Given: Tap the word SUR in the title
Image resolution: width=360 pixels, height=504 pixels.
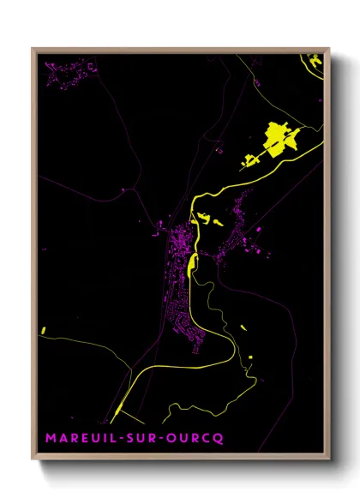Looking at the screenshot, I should (144, 439).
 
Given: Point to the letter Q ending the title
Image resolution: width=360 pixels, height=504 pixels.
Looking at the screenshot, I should (219, 439).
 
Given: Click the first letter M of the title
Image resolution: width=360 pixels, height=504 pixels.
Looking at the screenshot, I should (51, 439).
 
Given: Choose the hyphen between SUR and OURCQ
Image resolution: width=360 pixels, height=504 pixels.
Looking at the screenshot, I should (165, 439).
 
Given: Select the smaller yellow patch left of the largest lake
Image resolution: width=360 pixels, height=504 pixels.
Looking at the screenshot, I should (249, 159).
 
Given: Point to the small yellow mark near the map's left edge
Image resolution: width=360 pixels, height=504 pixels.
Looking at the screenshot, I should (42, 330).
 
